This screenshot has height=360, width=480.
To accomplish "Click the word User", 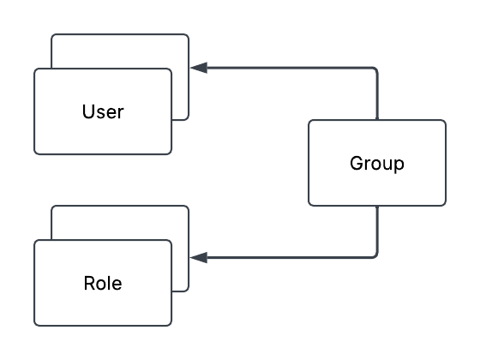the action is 103,111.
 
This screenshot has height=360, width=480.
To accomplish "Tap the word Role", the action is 103,283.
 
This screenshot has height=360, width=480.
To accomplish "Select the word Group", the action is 377,164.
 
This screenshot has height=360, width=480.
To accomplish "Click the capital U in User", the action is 87,111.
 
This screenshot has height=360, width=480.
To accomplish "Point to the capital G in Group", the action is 357,163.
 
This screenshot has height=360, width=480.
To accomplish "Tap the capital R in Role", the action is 90,283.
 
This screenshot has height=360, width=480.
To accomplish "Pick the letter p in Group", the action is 399,165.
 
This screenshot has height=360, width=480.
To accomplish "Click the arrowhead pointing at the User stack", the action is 199,68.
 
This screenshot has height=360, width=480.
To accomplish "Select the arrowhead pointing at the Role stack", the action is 199,258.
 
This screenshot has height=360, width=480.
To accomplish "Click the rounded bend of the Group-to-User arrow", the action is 375,69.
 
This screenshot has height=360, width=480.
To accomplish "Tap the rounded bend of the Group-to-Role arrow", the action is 375,256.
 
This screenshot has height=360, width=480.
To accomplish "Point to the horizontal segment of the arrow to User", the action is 289,68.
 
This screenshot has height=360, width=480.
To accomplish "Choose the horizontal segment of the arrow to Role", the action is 289,258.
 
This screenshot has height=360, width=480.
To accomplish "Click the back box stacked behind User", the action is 120,51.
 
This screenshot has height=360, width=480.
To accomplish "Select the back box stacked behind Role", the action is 120,223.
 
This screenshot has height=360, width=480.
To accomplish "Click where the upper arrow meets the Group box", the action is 377,120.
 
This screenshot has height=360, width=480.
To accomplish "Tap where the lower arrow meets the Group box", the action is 377,206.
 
